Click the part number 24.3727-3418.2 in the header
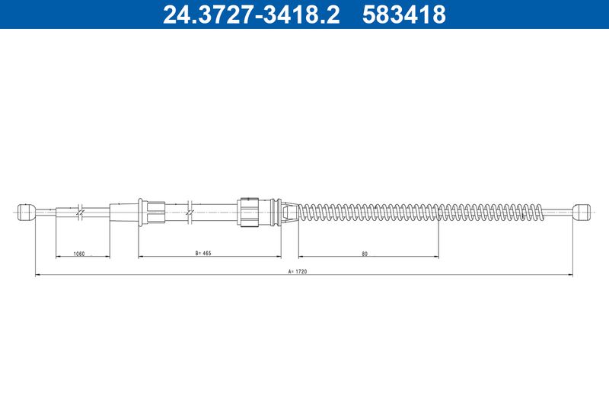[251, 14]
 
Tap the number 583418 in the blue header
[404, 14]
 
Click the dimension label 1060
[79, 254]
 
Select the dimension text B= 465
[203, 254]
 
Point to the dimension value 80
[365, 254]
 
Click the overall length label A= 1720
[298, 272]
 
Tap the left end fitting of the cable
[27, 212]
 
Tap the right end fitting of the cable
[582, 212]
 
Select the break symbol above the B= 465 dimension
[190, 213]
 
